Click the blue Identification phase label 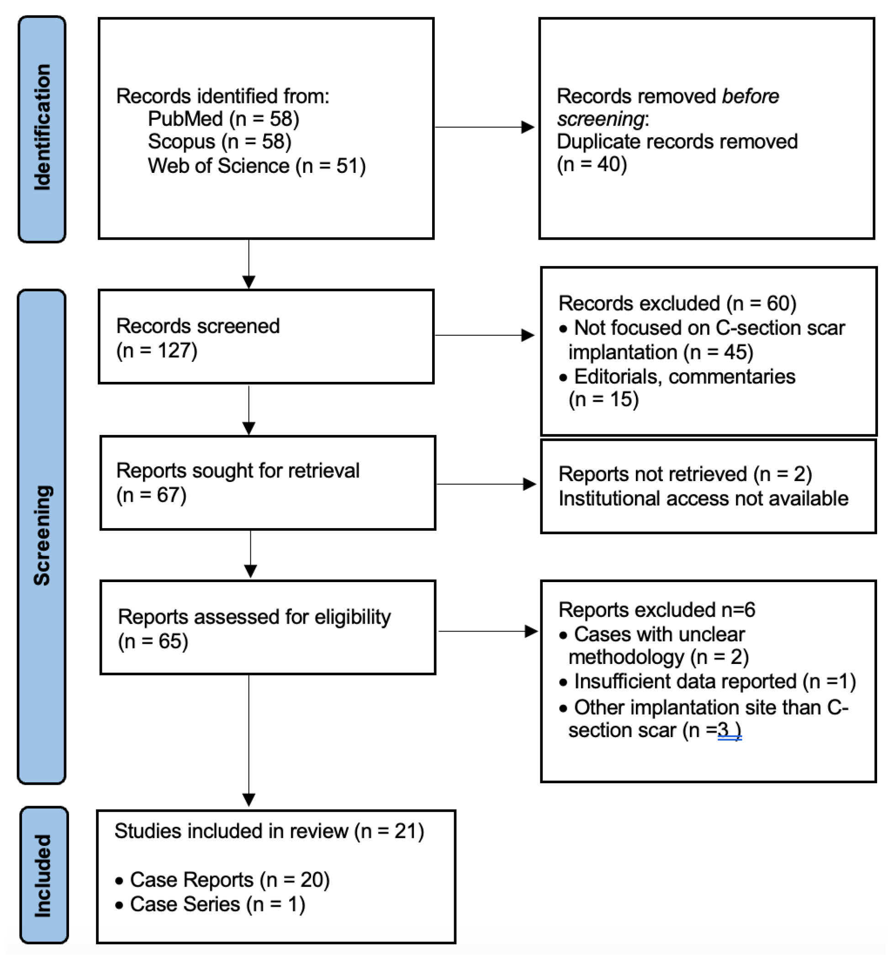(42, 128)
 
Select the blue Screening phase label (42, 536)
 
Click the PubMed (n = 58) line (223, 119)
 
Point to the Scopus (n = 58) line (220, 142)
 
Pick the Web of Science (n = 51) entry (257, 166)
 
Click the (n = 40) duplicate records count (592, 165)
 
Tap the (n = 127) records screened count (157, 351)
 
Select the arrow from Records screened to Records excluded (484, 335)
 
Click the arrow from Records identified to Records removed (484, 127)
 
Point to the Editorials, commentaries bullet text (683, 377)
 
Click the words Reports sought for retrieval (238, 471)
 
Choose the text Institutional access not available (703, 499)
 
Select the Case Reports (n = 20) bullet (229, 880)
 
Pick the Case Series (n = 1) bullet (217, 904)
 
